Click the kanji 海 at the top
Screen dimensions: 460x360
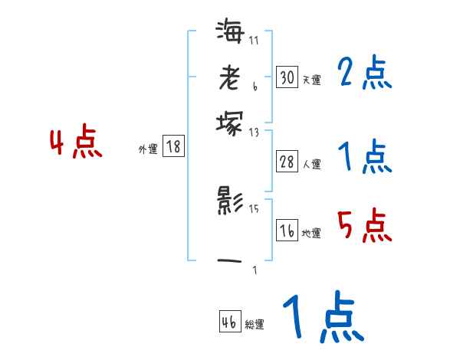[230, 31]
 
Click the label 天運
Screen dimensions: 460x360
[311, 80]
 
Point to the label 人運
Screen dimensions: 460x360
[311, 163]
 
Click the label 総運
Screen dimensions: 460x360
[255, 325]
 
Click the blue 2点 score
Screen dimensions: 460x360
[364, 73]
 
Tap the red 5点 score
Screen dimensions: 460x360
[364, 226]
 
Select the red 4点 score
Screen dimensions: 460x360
[76, 144]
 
